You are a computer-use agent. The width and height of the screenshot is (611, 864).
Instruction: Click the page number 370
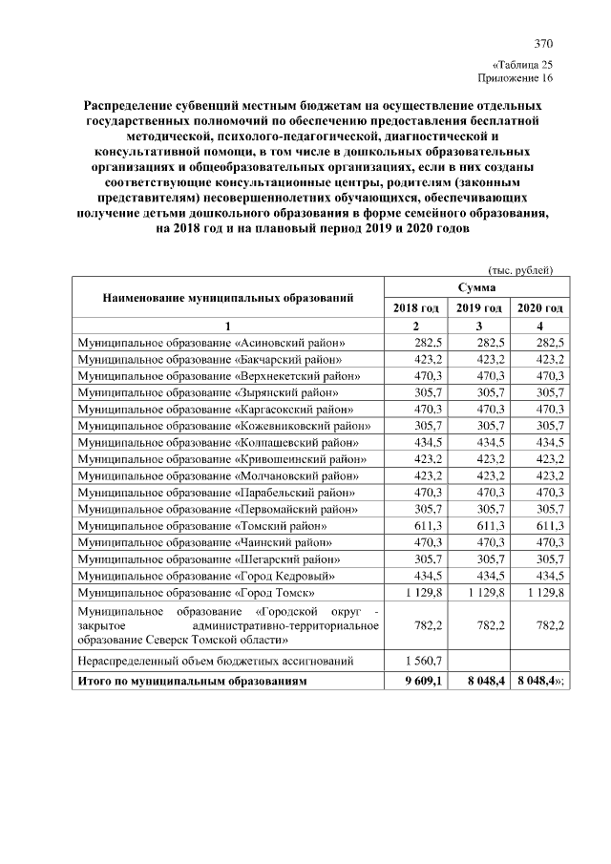(x=543, y=44)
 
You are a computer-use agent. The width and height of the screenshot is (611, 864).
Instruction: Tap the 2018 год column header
(x=415, y=307)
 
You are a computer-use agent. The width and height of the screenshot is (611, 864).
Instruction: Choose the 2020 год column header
(x=540, y=307)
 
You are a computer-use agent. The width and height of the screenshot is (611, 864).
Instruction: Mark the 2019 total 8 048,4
(x=480, y=681)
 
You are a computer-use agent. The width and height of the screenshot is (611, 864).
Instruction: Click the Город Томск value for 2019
(x=480, y=593)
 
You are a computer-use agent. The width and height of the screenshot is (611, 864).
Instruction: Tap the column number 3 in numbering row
(x=478, y=326)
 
